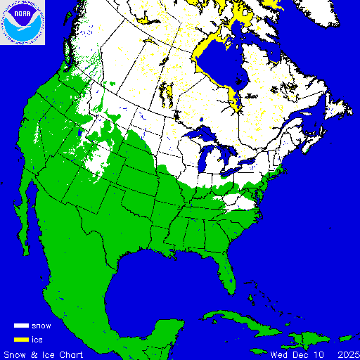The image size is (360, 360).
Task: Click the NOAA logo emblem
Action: [22, 22]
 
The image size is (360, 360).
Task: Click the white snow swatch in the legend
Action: [21, 326]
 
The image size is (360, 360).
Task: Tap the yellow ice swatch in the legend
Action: [21, 339]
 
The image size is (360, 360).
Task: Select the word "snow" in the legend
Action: [41, 326]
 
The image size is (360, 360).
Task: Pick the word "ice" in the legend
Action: [37, 339]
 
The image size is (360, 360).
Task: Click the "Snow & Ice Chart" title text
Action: [43, 354]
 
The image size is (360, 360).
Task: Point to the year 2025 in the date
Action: [348, 354]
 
